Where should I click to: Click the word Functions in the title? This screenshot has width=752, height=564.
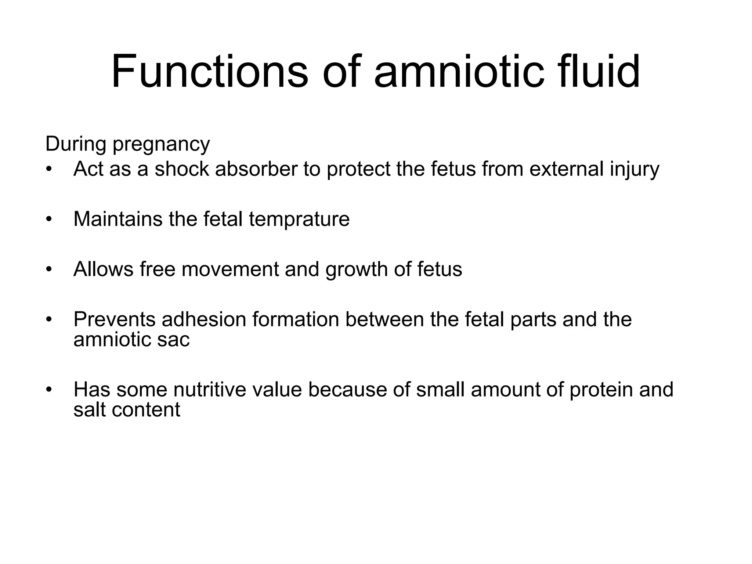coord(209,71)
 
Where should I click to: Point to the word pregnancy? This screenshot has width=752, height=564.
coord(161,144)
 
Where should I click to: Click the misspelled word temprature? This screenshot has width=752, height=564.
coord(299,219)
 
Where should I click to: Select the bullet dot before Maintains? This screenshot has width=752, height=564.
coord(49,219)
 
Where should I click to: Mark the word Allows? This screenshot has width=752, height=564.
coord(104,269)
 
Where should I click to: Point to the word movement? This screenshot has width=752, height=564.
coord(230,269)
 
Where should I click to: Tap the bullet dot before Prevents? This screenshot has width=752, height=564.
coord(49,319)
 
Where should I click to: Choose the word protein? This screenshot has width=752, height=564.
coord(601,390)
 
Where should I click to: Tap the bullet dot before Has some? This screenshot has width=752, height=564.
coord(49,390)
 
